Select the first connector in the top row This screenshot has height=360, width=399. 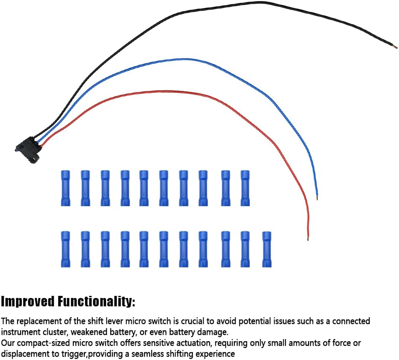65,188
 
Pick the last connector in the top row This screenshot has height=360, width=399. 245,188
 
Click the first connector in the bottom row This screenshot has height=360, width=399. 65,249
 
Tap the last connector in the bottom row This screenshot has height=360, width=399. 267,249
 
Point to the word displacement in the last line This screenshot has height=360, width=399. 26,354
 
